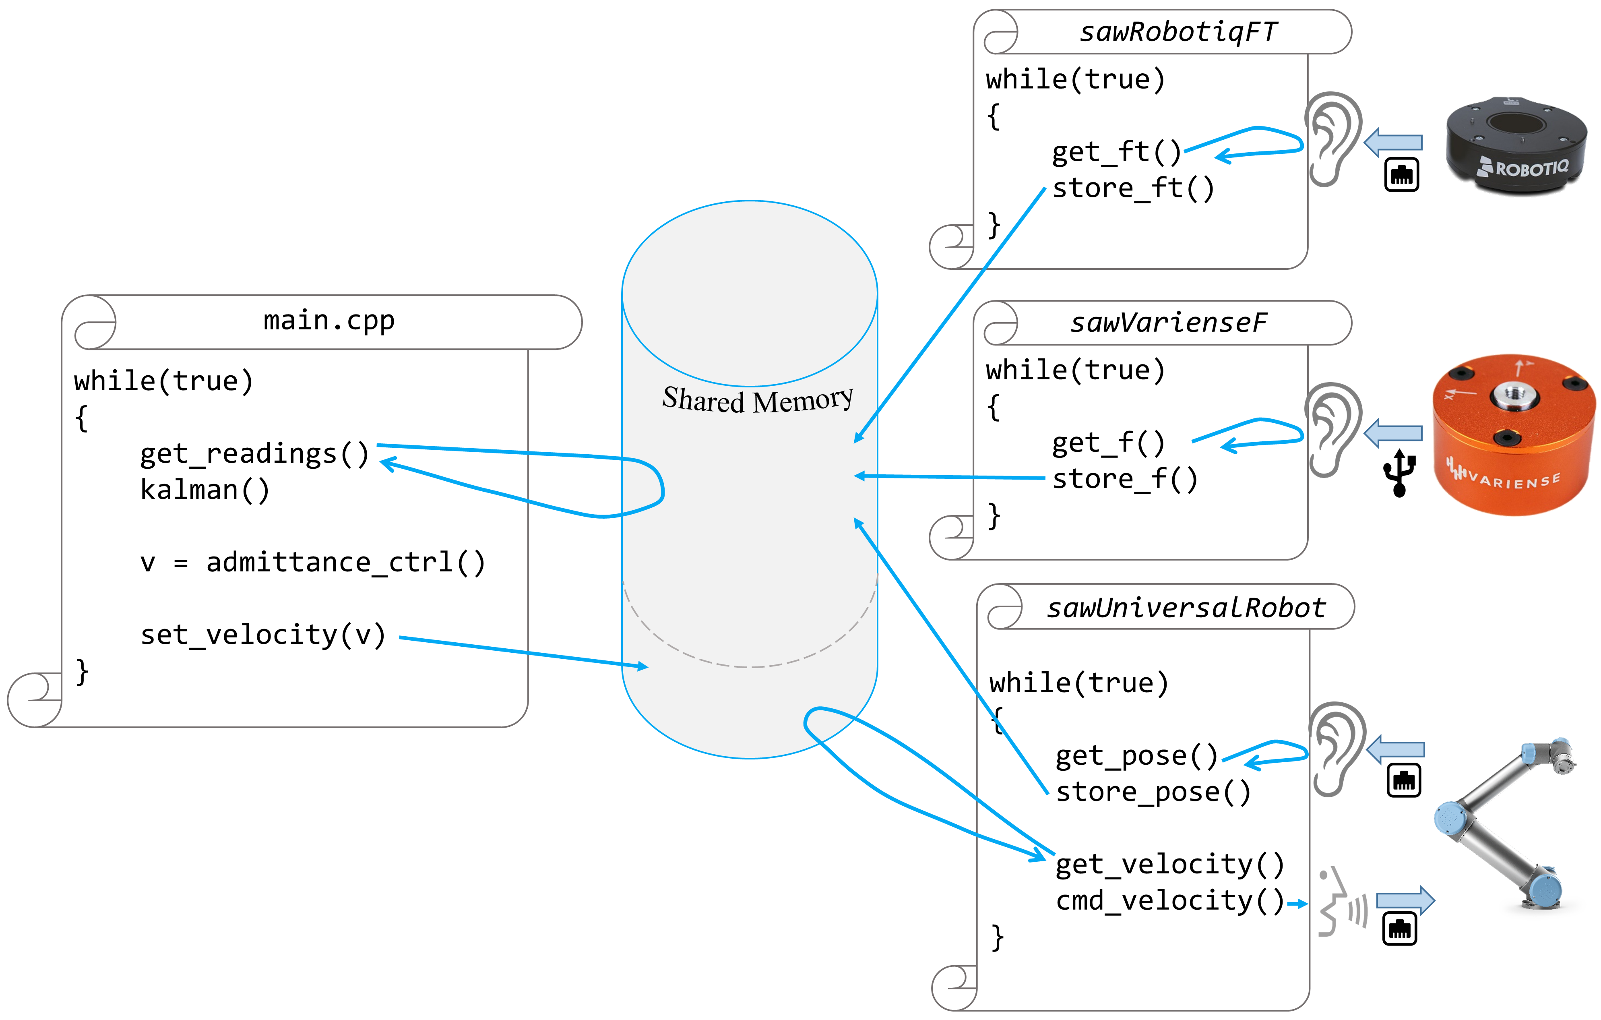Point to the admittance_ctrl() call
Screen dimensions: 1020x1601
click(312, 563)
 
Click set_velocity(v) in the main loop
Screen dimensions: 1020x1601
click(262, 635)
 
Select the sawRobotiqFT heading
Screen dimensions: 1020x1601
click(1178, 32)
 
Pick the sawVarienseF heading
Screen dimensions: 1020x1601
click(1169, 323)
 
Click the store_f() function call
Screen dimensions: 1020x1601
click(1125, 479)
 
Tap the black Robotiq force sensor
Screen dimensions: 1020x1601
click(1516, 145)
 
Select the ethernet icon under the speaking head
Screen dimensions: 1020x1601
click(1400, 929)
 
